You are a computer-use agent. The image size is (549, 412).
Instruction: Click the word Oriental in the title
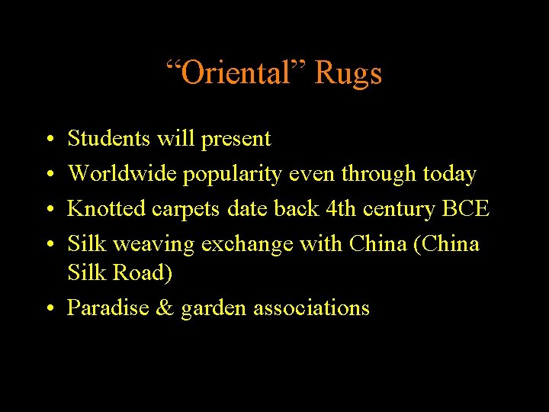tap(236, 73)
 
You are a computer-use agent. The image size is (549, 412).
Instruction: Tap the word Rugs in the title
tap(348, 73)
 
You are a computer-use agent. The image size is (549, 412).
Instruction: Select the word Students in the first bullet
tap(110, 138)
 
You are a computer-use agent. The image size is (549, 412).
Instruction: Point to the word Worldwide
tap(123, 173)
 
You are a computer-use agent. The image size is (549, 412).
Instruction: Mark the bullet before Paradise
tap(49, 308)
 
